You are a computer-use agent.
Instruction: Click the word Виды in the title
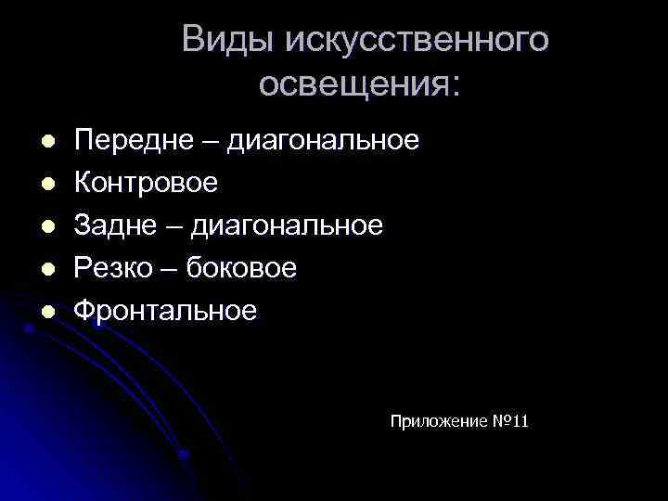(227, 40)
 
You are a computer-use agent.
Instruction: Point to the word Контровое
(147, 183)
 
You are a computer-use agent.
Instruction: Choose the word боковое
(241, 268)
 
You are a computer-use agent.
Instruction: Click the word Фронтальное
(165, 311)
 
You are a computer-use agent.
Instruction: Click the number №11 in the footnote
(509, 422)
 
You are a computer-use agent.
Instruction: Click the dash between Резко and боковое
(171, 269)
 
